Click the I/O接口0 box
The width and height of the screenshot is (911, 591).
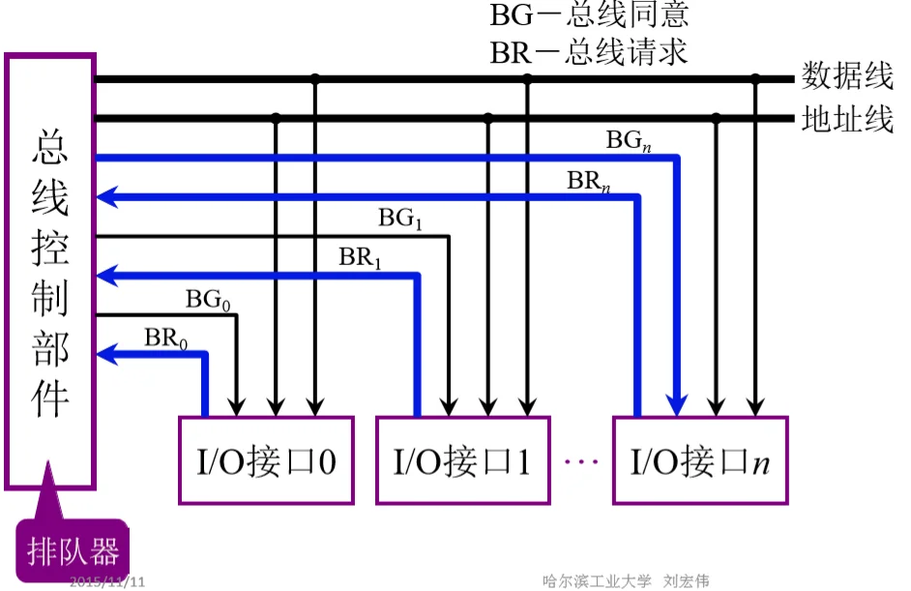click(263, 460)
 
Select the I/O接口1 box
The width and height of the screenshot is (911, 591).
click(462, 460)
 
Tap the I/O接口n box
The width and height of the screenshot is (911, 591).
click(700, 460)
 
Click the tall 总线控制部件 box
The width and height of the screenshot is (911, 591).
click(50, 271)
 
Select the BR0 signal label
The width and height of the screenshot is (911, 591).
click(165, 339)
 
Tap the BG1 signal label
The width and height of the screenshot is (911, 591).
click(400, 219)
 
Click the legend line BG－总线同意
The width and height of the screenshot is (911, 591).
click(589, 16)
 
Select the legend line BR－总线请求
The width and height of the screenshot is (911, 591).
click(589, 51)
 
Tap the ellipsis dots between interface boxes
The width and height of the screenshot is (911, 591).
click(581, 461)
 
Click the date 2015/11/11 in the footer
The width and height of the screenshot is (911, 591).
click(107, 581)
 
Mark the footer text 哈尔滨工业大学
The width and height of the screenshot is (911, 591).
click(597, 581)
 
